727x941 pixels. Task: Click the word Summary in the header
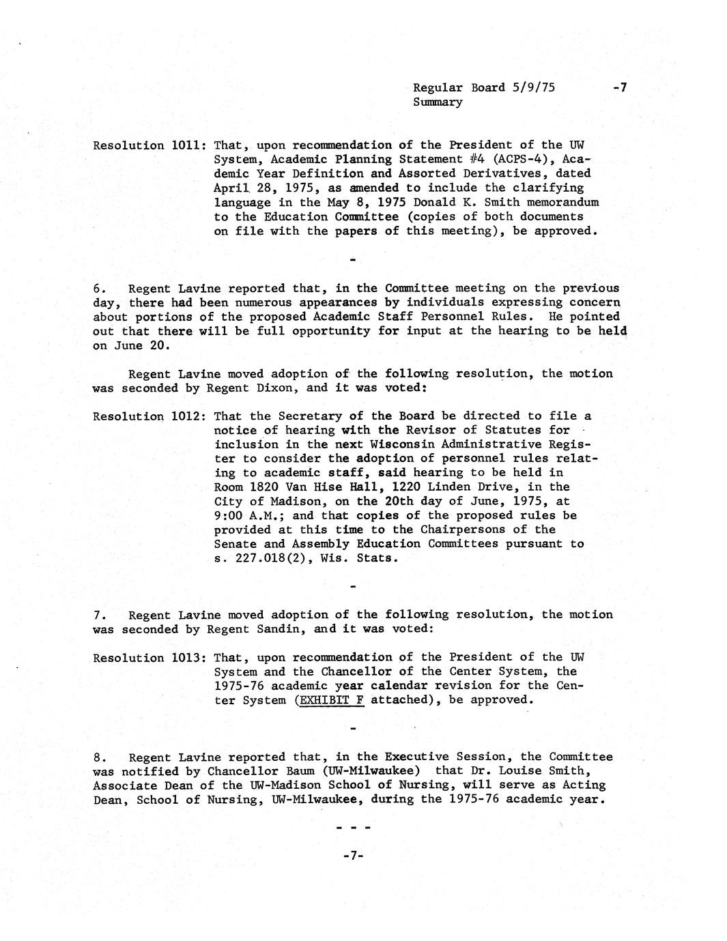[438, 102]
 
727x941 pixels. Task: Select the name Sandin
[282, 629]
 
